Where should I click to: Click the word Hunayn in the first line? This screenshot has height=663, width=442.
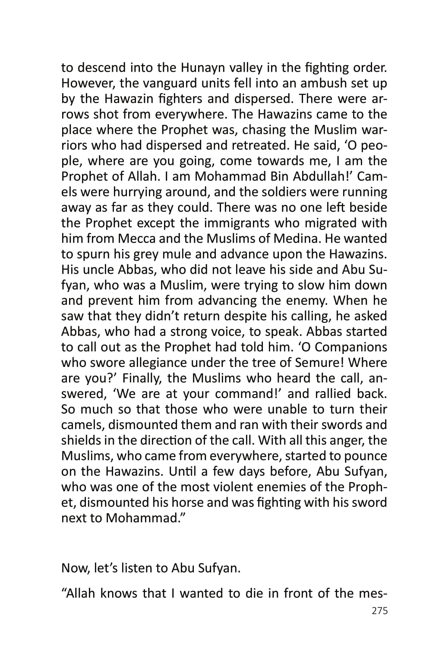coord(204,68)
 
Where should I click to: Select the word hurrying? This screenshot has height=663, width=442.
coord(139,192)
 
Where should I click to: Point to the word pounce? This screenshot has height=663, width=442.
coord(366,456)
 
